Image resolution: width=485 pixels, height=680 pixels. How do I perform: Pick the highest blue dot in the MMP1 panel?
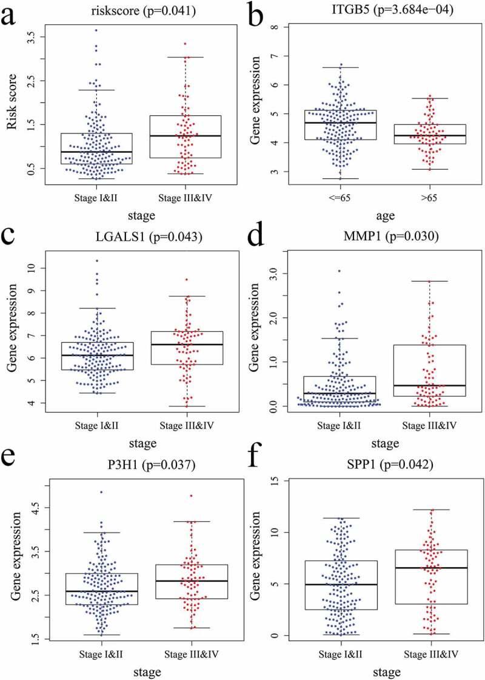pos(339,271)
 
